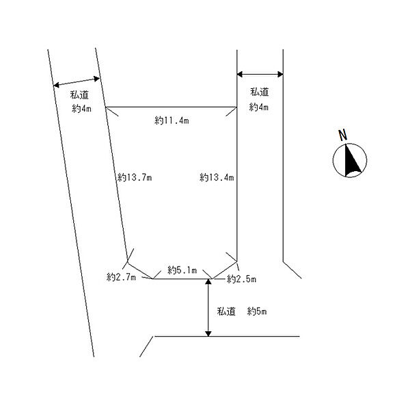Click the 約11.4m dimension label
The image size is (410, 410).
[x=172, y=120]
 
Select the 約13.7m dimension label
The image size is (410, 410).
[x=135, y=178]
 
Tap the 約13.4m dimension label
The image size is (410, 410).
[x=217, y=178]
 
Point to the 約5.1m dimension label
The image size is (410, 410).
[x=182, y=270]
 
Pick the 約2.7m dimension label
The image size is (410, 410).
[x=121, y=277]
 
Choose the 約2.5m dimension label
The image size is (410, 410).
[x=241, y=279]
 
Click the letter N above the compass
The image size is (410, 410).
[x=343, y=135]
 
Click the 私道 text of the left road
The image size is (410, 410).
[x=79, y=94]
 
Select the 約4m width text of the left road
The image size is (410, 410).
[x=81, y=108]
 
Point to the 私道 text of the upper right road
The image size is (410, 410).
[x=260, y=92]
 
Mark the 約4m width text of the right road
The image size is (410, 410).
[x=258, y=107]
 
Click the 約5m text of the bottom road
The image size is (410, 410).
[x=257, y=311]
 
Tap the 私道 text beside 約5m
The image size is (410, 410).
[x=226, y=311]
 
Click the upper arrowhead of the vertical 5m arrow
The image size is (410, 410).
[x=208, y=282]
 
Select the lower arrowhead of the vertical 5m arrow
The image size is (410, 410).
[x=208, y=333]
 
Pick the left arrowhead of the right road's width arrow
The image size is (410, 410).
[x=240, y=74]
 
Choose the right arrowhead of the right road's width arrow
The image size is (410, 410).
[x=280, y=74]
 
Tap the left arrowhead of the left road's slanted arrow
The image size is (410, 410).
[x=56, y=85]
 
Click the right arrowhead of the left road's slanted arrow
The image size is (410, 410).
[x=96, y=79]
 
